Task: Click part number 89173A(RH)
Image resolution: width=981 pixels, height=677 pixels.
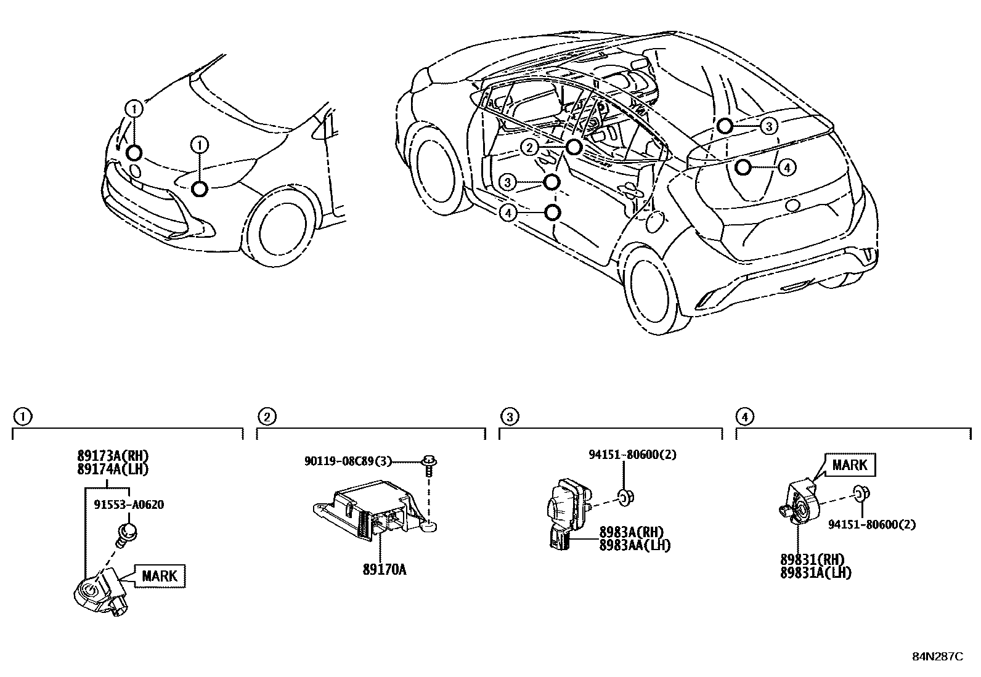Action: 113,456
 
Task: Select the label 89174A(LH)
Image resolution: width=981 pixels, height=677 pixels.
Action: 113,469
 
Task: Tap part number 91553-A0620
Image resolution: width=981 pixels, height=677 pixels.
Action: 129,505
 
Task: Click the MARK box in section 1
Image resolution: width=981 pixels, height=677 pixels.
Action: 160,576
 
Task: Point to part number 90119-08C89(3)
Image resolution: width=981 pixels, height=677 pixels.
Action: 348,461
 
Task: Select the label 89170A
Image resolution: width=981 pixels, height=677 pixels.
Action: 384,569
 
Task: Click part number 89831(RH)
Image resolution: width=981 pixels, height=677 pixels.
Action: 812,559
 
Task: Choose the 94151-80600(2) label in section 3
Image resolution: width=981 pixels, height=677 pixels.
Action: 632,455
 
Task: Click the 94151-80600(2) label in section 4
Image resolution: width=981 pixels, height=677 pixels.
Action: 871,525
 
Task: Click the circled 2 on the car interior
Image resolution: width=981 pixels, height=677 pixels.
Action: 528,147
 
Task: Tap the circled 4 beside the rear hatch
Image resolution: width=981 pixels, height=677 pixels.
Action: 786,167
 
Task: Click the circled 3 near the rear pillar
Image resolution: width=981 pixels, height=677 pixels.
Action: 768,126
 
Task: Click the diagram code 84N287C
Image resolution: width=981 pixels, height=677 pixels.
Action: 937,657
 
